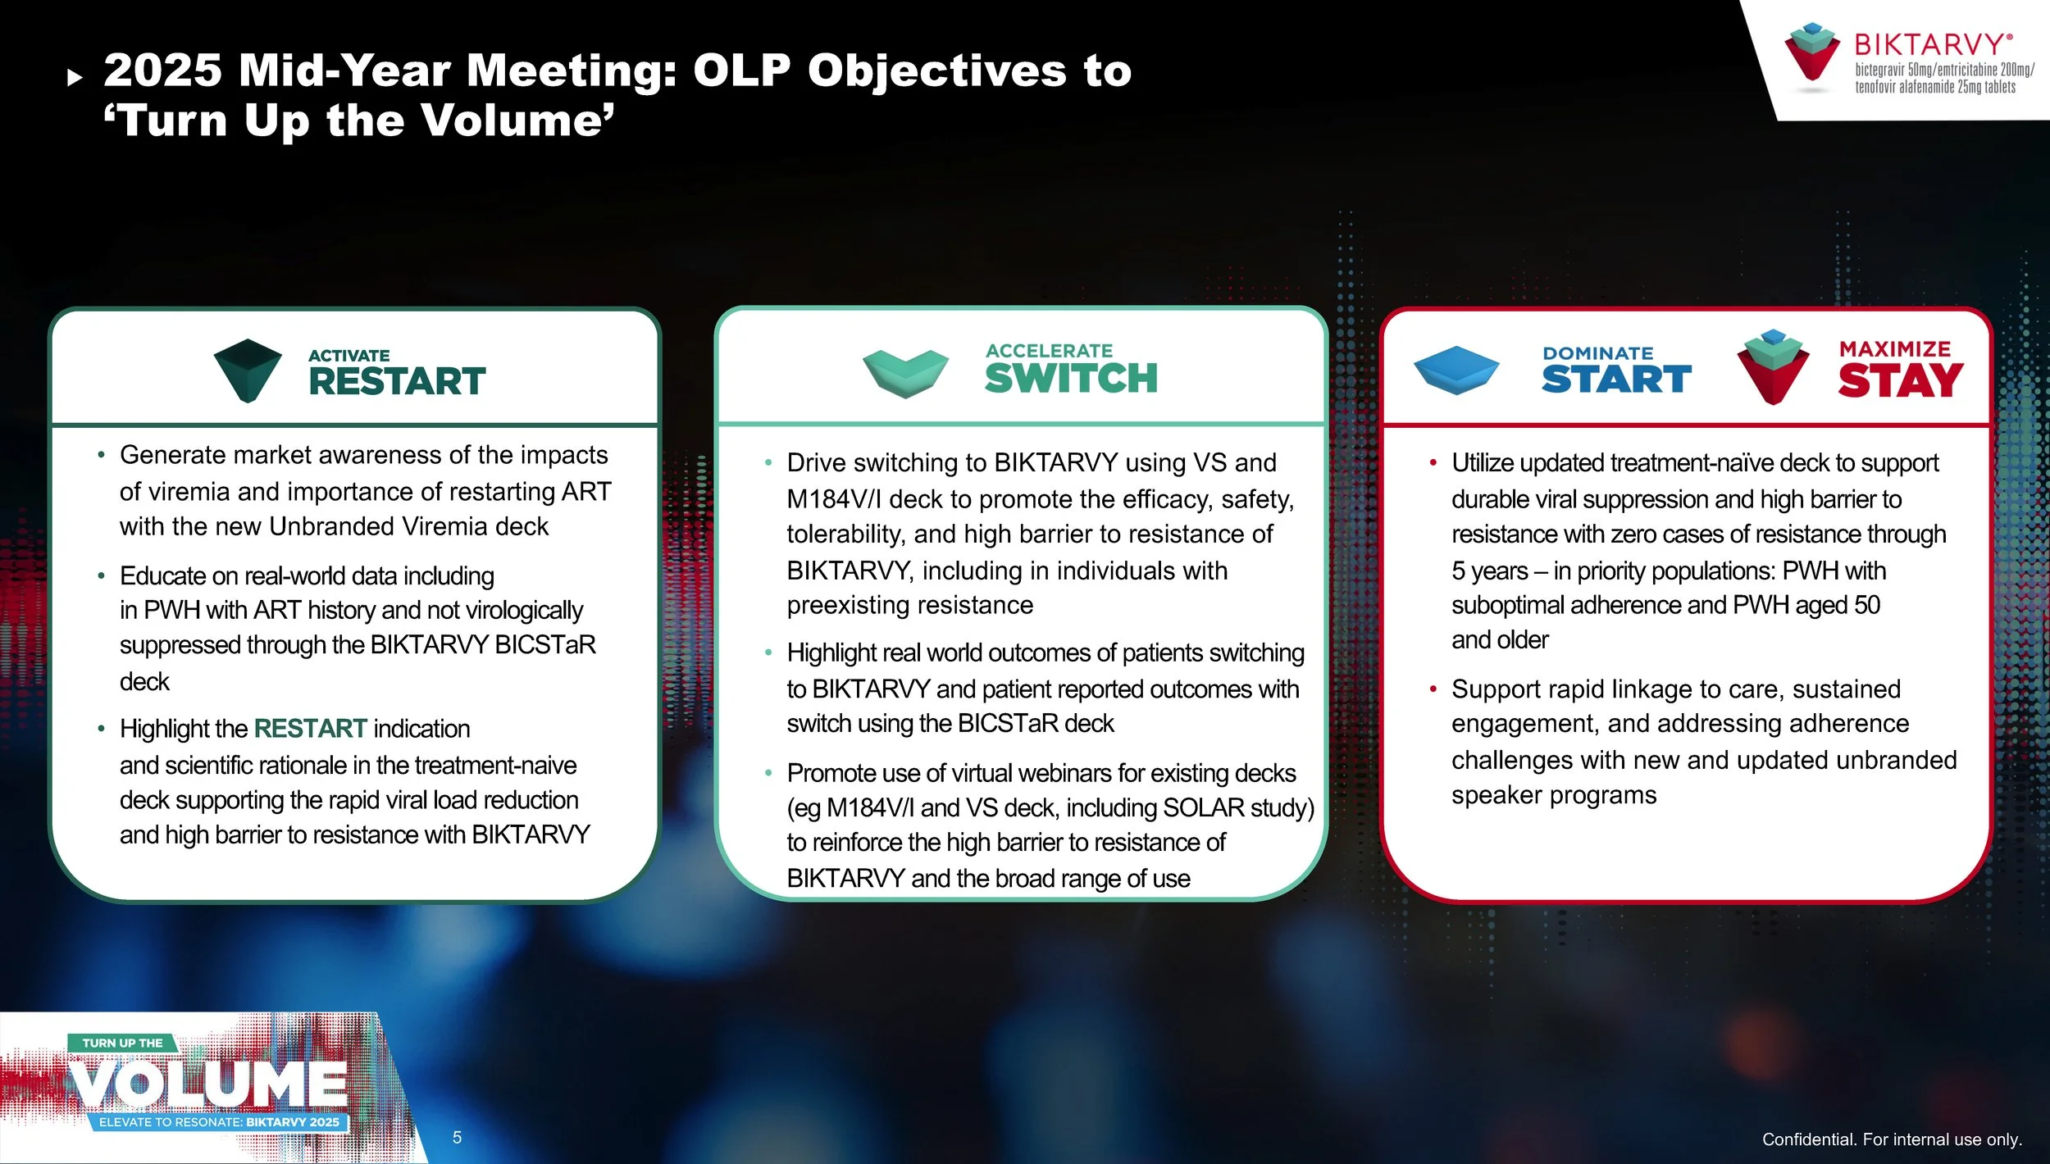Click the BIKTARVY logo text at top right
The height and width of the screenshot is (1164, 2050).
1932,43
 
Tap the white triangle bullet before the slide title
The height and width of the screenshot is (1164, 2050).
75,78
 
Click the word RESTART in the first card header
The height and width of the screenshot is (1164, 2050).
397,382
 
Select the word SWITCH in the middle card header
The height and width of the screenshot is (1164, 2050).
1071,379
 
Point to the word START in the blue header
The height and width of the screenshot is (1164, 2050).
1615,380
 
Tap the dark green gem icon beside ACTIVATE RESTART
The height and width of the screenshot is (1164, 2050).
248,370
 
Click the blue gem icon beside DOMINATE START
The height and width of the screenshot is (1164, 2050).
1456,370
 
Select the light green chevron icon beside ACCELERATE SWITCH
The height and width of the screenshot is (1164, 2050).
905,373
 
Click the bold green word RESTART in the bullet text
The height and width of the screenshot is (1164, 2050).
310,729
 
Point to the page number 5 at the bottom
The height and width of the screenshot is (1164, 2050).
457,1138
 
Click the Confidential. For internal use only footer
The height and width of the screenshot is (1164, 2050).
1892,1139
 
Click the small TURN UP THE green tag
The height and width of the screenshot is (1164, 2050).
122,1043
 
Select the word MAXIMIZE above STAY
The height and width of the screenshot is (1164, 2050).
1894,349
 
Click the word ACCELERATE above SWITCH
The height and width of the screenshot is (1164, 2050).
1049,351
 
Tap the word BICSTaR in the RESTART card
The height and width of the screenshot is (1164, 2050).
544,645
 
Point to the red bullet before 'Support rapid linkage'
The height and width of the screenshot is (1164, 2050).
1433,689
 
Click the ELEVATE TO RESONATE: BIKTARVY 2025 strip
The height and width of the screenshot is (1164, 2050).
219,1121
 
